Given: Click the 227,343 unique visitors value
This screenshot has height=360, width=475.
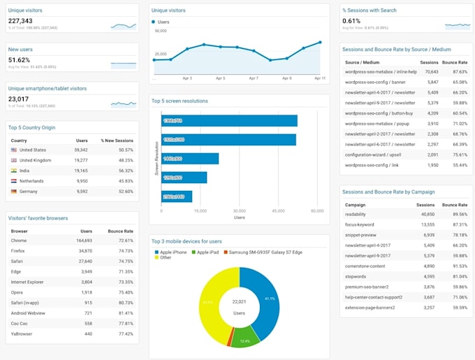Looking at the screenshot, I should pos(21,21).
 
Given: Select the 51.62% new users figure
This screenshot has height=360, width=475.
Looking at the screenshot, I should pos(19,60).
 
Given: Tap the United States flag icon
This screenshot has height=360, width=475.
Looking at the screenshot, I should pos(14,150).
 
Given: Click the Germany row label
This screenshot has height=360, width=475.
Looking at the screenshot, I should pos(29,191).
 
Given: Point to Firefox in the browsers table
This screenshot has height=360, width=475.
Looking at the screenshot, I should pos(18,250).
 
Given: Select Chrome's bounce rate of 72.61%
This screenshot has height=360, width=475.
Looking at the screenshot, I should pos(122,240).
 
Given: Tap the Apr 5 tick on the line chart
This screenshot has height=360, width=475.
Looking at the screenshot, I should pos(220,78).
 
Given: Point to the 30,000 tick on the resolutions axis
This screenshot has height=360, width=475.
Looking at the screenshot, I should pos(239,210).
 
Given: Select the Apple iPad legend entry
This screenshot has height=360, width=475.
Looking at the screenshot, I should pos(207,252).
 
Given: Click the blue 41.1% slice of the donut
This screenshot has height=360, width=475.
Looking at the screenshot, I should pos(267,298).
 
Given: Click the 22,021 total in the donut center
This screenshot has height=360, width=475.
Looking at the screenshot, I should pos(240,301).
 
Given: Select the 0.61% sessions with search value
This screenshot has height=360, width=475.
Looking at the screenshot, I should pos(351,21).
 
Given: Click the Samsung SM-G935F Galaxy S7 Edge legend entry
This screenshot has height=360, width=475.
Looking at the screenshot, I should pos(265,252).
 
